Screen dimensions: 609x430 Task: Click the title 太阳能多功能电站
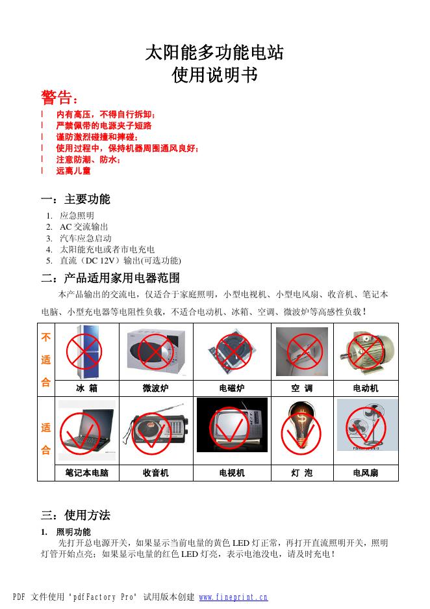(x=214, y=52)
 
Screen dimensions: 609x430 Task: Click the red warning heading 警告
(x=59, y=98)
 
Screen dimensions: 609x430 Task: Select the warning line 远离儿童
(x=73, y=170)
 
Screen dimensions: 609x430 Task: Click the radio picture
(x=155, y=429)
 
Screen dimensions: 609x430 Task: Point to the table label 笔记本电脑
(x=87, y=473)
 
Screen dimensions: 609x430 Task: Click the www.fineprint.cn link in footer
(x=233, y=597)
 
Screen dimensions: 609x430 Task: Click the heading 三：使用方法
(x=75, y=515)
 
